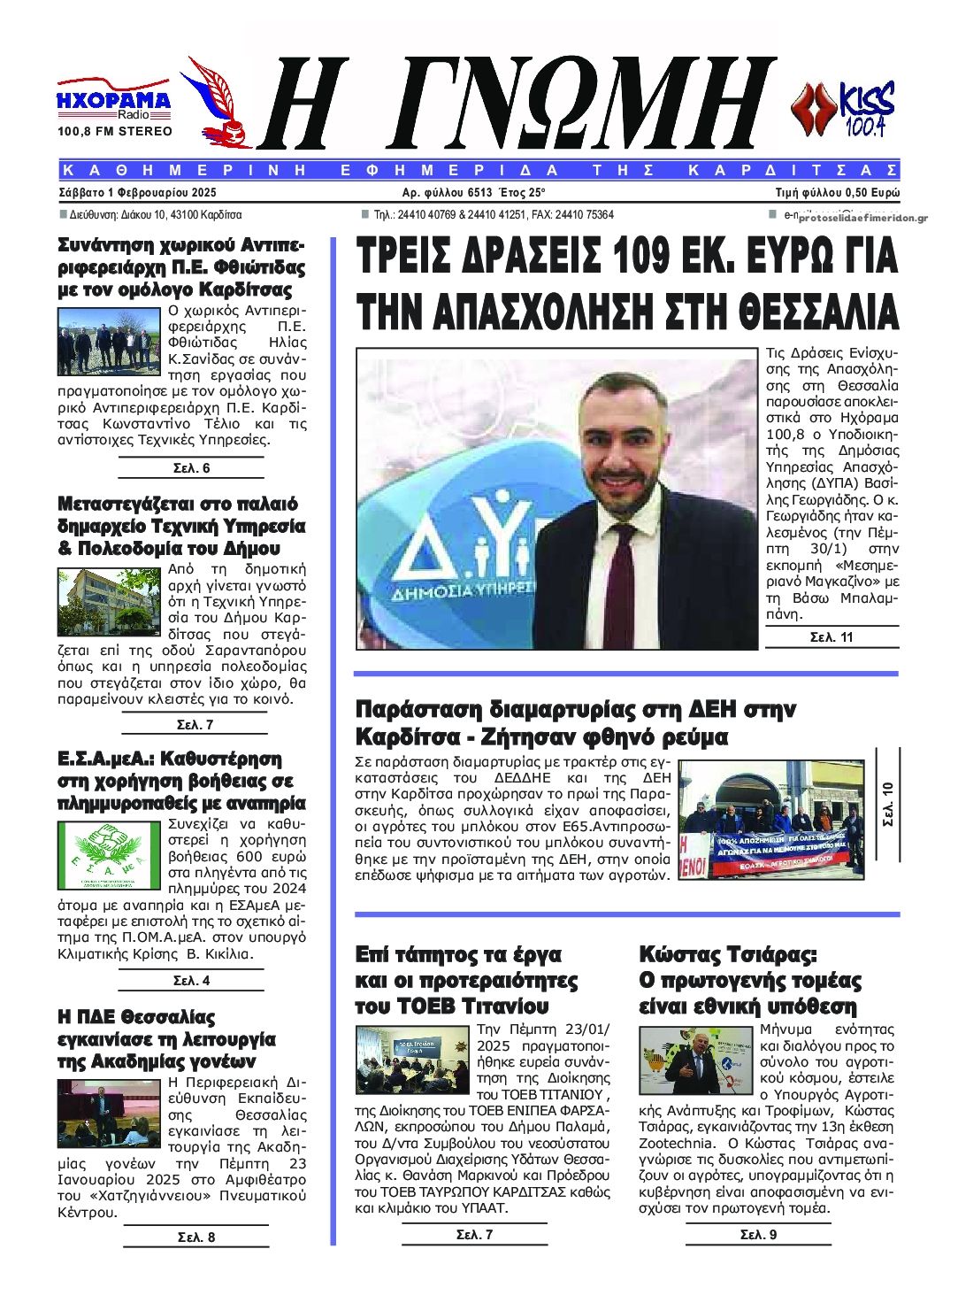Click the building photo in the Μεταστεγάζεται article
click(x=110, y=601)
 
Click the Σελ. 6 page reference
click(x=191, y=468)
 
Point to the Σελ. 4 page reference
click(x=191, y=981)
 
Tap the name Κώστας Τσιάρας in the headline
click(x=726, y=955)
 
